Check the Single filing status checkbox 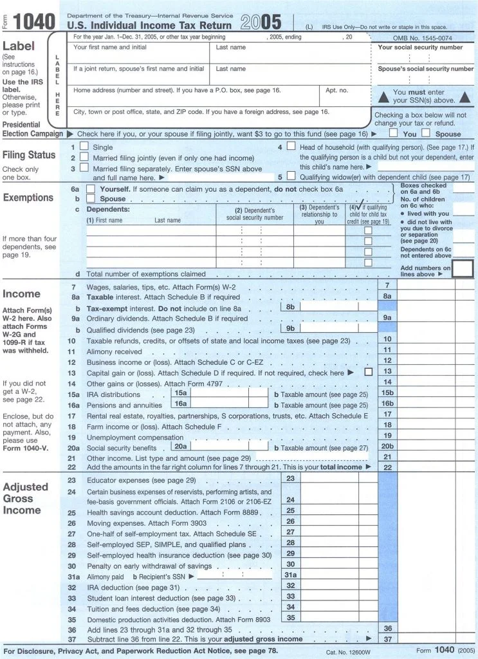click(x=84, y=147)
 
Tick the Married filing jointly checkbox click(x=84, y=158)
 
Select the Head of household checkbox click(x=291, y=147)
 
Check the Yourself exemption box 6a click(x=91, y=189)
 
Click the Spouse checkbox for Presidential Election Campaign click(x=426, y=133)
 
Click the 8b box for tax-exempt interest click(x=328, y=308)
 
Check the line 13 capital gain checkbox click(x=369, y=372)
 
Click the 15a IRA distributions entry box click(x=219, y=394)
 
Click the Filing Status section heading click(x=29, y=155)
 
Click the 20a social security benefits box click(x=219, y=447)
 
